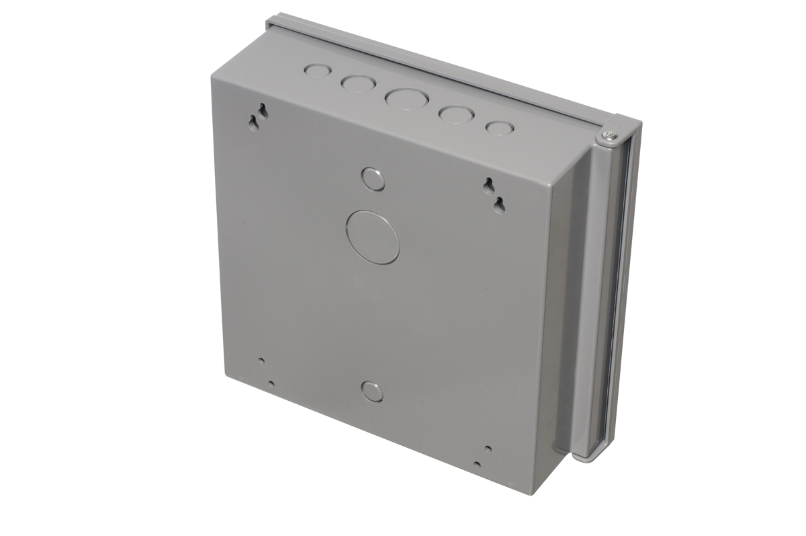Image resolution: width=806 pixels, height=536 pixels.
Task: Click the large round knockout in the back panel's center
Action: click(373, 236)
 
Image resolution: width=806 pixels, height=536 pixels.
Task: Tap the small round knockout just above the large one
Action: click(373, 179)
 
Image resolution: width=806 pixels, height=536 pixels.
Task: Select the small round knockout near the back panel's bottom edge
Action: click(372, 391)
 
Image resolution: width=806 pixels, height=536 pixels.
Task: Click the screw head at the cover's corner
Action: click(610, 137)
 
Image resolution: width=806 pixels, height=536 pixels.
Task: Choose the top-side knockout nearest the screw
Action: click(500, 127)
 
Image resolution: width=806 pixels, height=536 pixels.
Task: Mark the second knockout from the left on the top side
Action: click(359, 83)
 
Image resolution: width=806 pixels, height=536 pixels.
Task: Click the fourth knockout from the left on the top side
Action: click(455, 114)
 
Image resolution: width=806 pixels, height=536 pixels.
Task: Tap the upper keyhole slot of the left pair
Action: click(263, 110)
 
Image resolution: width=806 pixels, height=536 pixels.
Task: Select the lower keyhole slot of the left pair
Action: click(254, 122)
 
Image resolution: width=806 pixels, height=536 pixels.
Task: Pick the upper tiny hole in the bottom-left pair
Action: click(262, 360)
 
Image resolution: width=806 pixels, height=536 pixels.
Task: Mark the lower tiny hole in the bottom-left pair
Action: click(271, 384)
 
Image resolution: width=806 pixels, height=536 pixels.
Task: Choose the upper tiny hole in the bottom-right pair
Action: click(488, 448)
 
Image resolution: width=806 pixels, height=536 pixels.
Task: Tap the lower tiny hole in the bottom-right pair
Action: click(477, 464)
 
